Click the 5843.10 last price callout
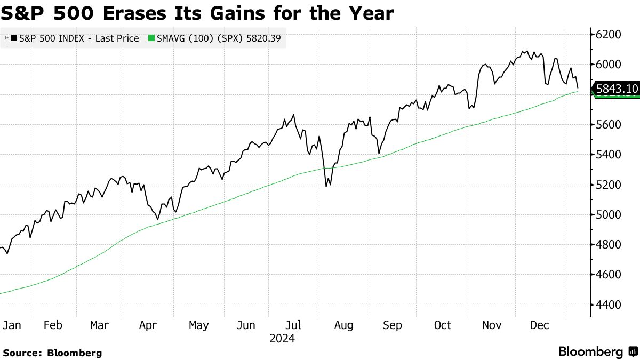[617, 89]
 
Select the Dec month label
[540, 325]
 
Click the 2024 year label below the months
[282, 339]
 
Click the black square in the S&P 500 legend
[14, 38]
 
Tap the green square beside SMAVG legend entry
[151, 38]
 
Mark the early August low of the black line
[326, 187]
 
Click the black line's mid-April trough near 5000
[157, 219]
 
